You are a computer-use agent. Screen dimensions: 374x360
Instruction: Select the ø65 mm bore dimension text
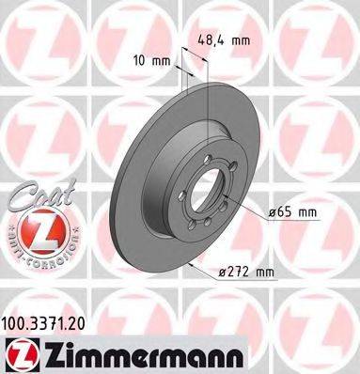tap(295, 213)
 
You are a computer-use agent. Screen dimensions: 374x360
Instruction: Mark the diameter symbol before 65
tap(272, 213)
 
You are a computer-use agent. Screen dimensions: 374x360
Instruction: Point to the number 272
tap(234, 273)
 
